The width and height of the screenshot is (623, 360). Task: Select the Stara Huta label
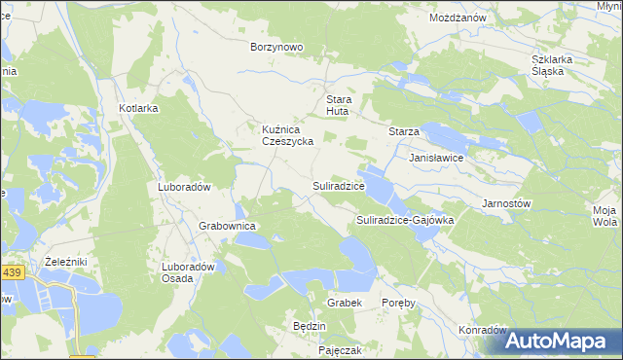pos(337,105)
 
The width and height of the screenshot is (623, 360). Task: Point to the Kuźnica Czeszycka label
pos(286,134)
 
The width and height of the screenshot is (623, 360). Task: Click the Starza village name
pos(404,131)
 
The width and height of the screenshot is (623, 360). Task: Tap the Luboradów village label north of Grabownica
pos(185,186)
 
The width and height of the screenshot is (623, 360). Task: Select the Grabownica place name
pos(227,226)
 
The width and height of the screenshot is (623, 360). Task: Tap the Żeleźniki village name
pos(67,263)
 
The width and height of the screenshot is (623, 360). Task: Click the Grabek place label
pos(345,303)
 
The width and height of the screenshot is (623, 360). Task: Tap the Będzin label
pos(309,326)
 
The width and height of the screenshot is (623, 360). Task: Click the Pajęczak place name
pos(341,349)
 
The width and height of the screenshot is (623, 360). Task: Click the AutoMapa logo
pos(563,342)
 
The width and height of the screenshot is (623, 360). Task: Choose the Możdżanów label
pos(458,18)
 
